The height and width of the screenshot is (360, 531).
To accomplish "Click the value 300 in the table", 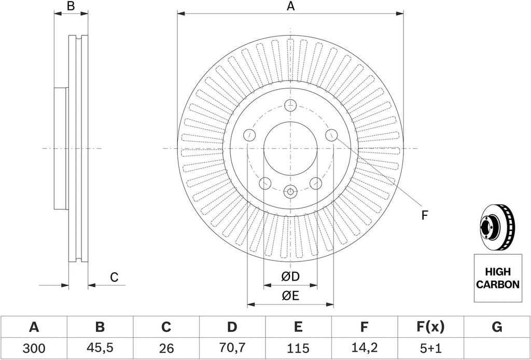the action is tap(34, 348).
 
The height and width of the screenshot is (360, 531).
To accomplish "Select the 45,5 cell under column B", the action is tap(100, 348).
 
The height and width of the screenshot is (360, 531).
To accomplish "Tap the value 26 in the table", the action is tap(165, 348).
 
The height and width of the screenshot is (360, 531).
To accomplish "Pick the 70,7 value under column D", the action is tap(232, 348).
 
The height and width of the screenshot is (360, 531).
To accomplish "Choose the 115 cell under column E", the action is tap(298, 348).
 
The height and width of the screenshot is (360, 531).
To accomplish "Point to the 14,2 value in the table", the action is tap(364, 348).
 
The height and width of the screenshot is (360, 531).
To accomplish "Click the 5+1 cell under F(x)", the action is tap(430, 348).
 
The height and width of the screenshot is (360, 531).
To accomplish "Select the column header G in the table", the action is tap(497, 327).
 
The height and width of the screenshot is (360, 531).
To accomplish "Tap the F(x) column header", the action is tap(430, 327).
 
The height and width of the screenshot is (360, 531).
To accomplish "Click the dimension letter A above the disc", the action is tap(290, 6).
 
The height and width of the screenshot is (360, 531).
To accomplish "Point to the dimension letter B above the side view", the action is tap(71, 6).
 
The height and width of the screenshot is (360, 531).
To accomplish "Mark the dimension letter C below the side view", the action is tap(114, 278).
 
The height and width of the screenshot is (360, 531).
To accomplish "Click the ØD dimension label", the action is tap(290, 276).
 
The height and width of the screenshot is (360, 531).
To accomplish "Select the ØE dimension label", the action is tap(290, 296).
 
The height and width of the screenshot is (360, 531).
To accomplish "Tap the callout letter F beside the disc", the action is tap(425, 215).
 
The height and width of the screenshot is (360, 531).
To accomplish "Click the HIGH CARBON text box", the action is tap(497, 278).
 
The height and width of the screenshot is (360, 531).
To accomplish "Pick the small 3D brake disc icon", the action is tap(497, 227).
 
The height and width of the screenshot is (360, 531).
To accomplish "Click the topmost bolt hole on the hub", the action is tap(290, 105).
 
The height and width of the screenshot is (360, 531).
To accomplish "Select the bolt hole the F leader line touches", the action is tap(331, 135).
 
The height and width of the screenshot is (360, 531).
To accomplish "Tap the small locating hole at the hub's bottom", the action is tap(290, 192).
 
